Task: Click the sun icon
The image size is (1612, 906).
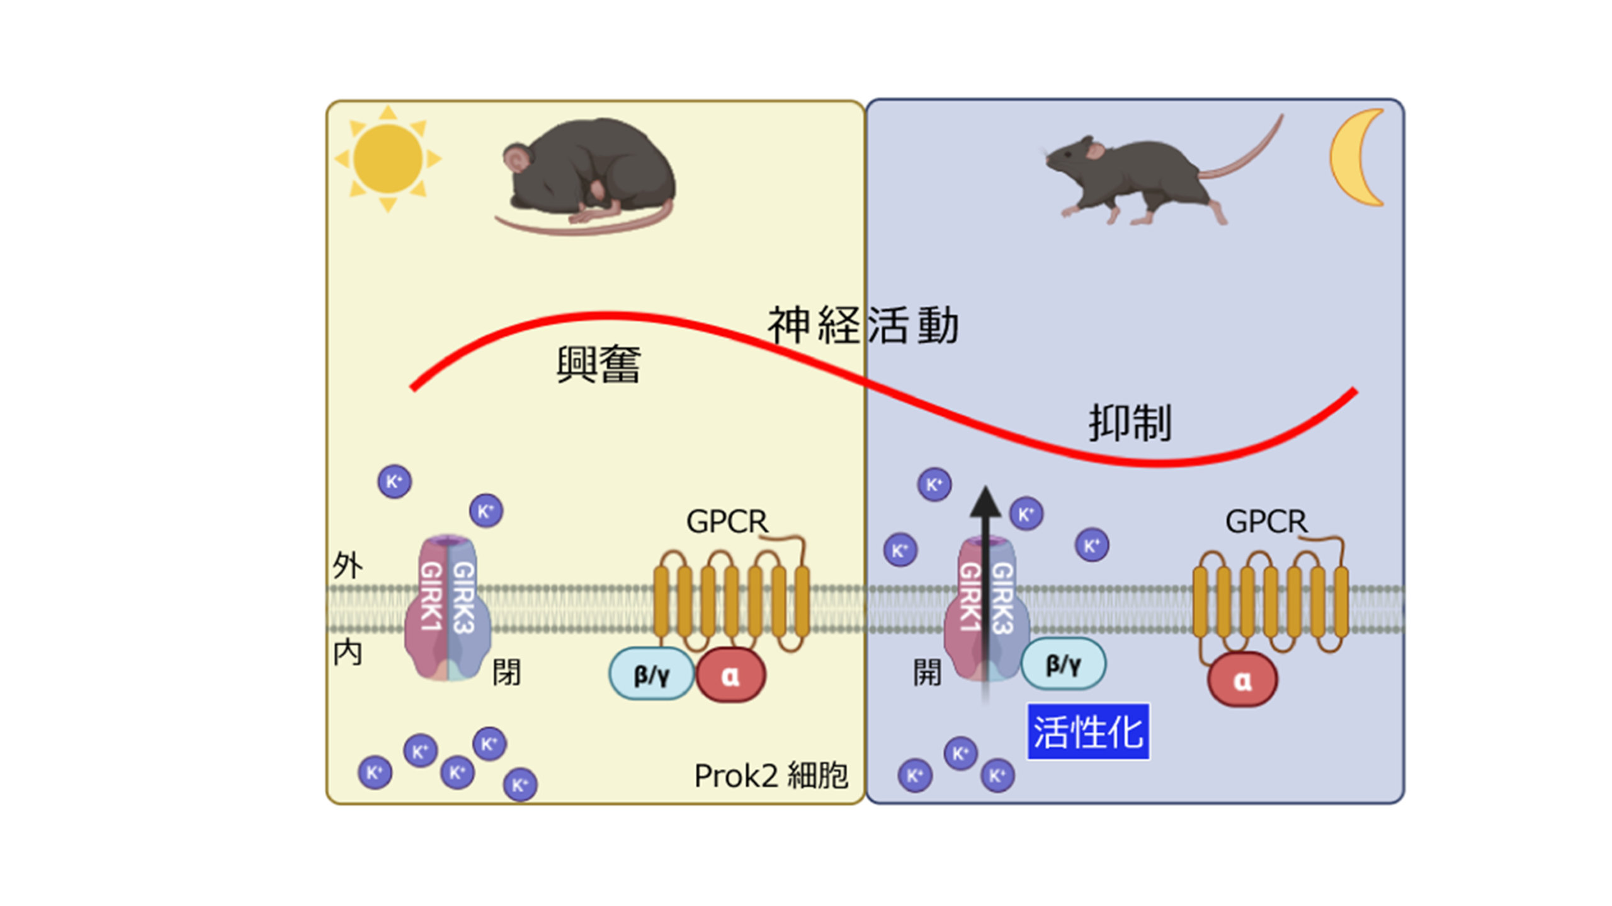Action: point(388,159)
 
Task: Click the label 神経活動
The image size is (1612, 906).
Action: point(863,325)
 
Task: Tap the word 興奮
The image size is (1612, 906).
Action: point(598,364)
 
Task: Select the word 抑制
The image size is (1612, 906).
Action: point(1130,423)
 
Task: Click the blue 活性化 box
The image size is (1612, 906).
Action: point(1088,732)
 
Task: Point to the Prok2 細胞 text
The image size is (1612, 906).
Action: point(771,776)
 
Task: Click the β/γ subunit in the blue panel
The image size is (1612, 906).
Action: point(1063,664)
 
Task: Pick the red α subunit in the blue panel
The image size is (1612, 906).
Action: point(1242,680)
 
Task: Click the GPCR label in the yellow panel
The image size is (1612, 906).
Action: point(727,522)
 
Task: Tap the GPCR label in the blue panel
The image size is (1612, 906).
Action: point(1266,522)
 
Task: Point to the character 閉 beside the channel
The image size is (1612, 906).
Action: point(506,673)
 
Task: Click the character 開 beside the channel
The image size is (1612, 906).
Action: point(928,673)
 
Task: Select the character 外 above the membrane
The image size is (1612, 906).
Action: point(348,565)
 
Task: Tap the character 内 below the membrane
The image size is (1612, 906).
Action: point(348,653)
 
